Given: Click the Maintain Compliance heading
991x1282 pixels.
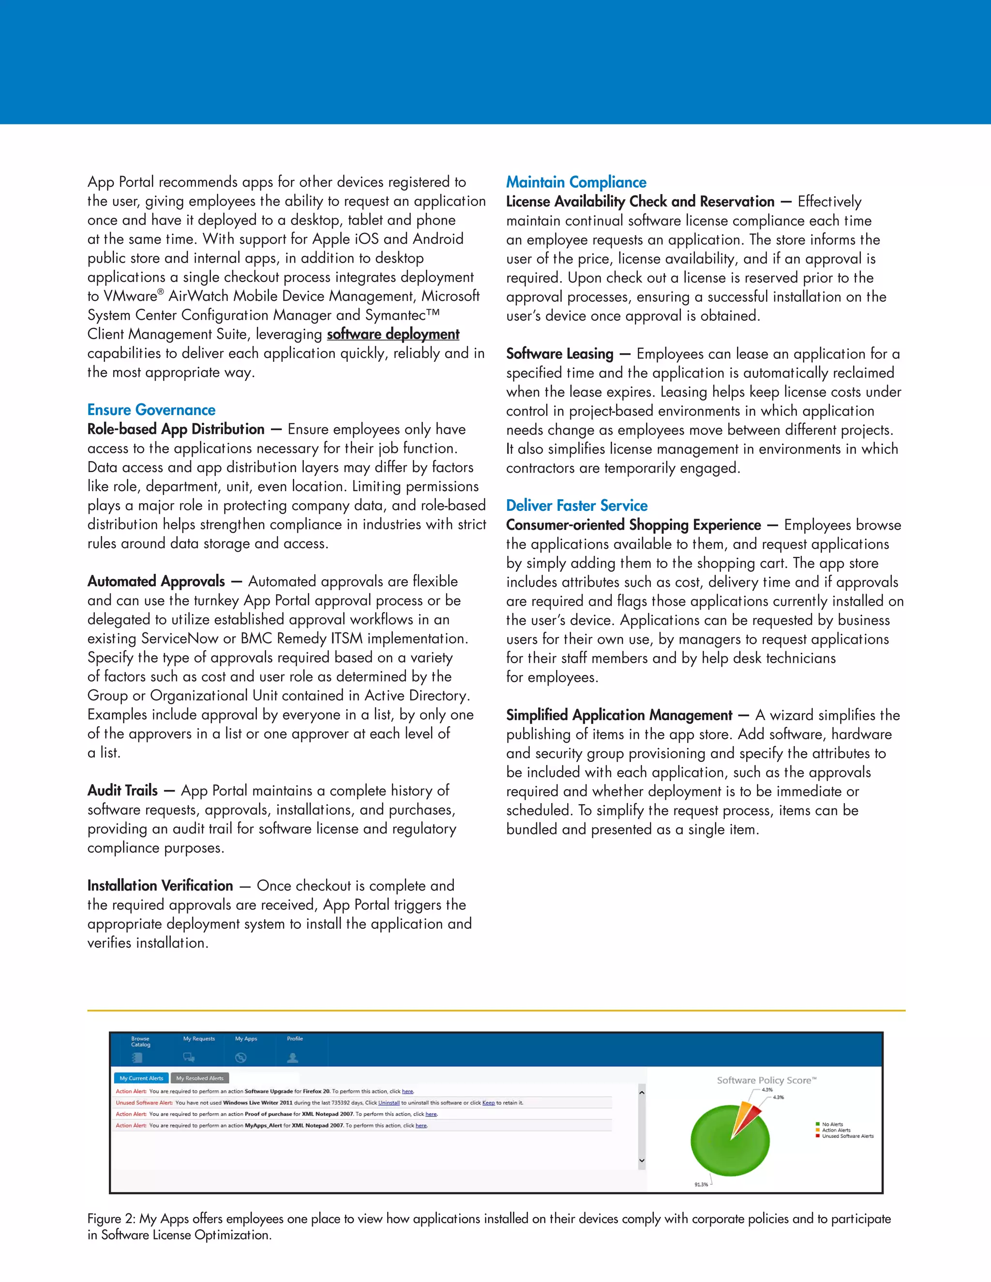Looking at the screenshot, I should pos(576,182).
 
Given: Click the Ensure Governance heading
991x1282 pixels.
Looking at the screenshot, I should pos(151,410).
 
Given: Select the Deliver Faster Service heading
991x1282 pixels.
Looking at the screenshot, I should pos(576,506).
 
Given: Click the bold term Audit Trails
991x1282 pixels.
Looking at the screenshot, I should pos(123,790).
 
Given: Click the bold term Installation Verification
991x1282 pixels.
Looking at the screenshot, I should pos(160,885).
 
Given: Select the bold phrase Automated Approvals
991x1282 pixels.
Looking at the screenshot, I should pos(156,581).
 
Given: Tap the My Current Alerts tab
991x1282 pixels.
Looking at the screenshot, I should pos(141,1078).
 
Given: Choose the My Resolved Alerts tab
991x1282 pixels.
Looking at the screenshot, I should pos(200,1078).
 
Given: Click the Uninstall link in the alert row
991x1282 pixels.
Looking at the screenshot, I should pos(389,1103).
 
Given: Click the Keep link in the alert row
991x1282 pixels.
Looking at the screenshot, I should pos(488,1103).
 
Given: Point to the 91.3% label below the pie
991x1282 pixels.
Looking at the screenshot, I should pos(701,1184).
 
